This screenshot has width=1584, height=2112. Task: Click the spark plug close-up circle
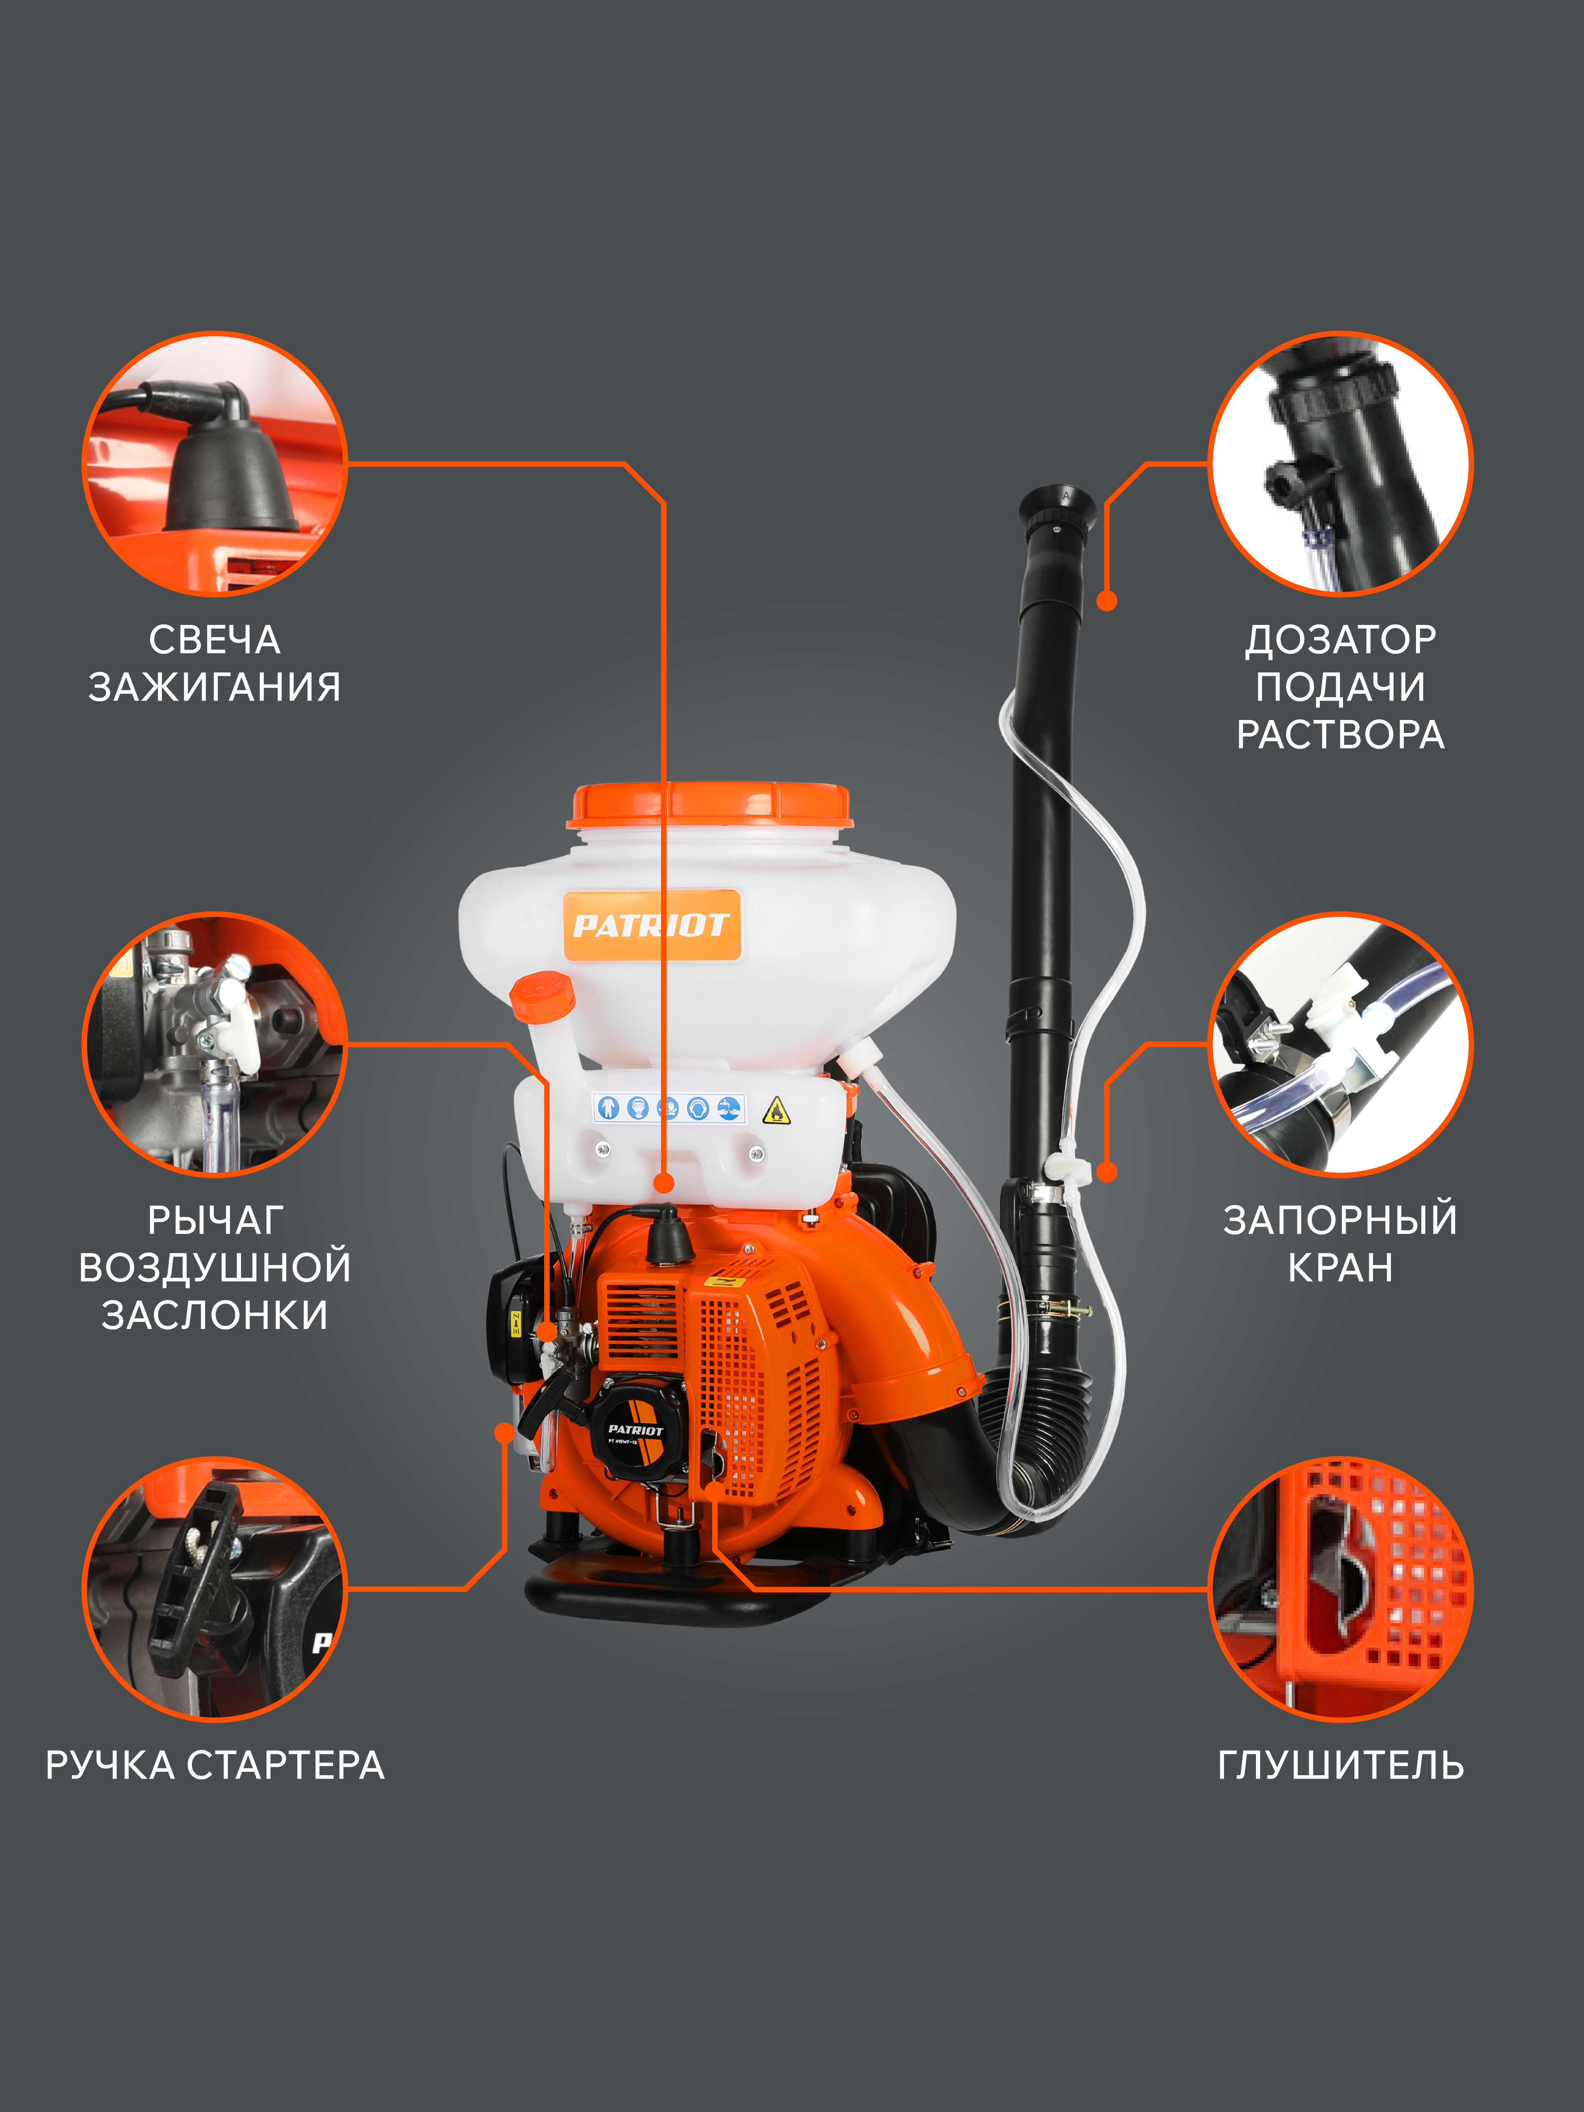(x=215, y=464)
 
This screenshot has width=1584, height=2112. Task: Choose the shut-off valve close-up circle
(x=1341, y=1045)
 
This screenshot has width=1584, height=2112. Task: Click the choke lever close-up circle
(x=215, y=1045)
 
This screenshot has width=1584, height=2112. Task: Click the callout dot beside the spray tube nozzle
(x=1107, y=601)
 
